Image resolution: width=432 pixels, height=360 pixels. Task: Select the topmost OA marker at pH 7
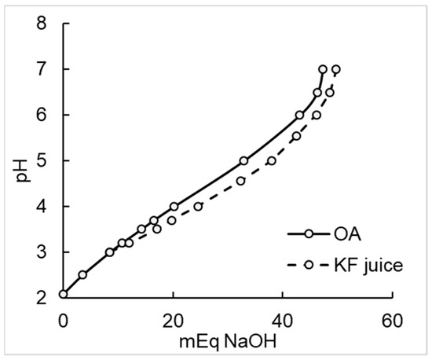click(323, 69)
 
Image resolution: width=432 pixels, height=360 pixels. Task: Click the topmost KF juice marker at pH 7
click(336, 69)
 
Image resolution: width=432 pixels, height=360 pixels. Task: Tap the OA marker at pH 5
click(243, 161)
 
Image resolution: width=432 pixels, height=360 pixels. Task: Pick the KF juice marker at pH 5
click(272, 161)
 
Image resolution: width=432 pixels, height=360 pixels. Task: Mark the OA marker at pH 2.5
click(82, 274)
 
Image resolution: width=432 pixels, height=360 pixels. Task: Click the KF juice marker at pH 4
click(198, 206)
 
